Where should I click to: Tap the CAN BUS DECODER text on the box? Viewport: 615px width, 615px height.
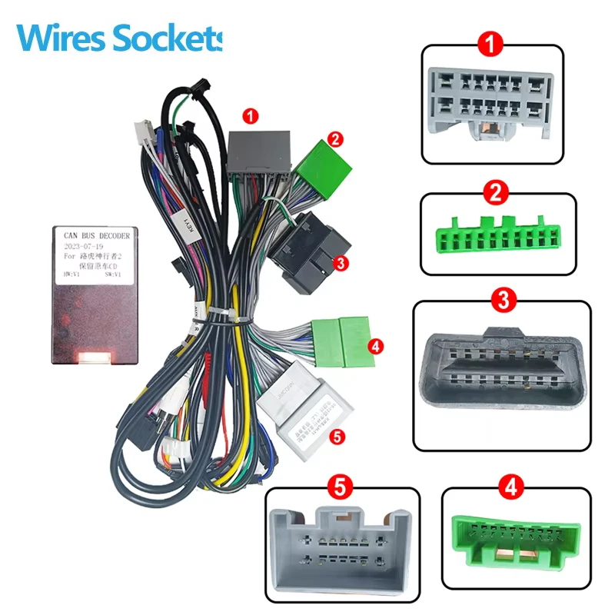point(97,234)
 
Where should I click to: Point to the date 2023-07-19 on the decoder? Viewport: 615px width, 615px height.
point(84,248)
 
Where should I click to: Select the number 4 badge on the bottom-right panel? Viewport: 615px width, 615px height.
point(508,486)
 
